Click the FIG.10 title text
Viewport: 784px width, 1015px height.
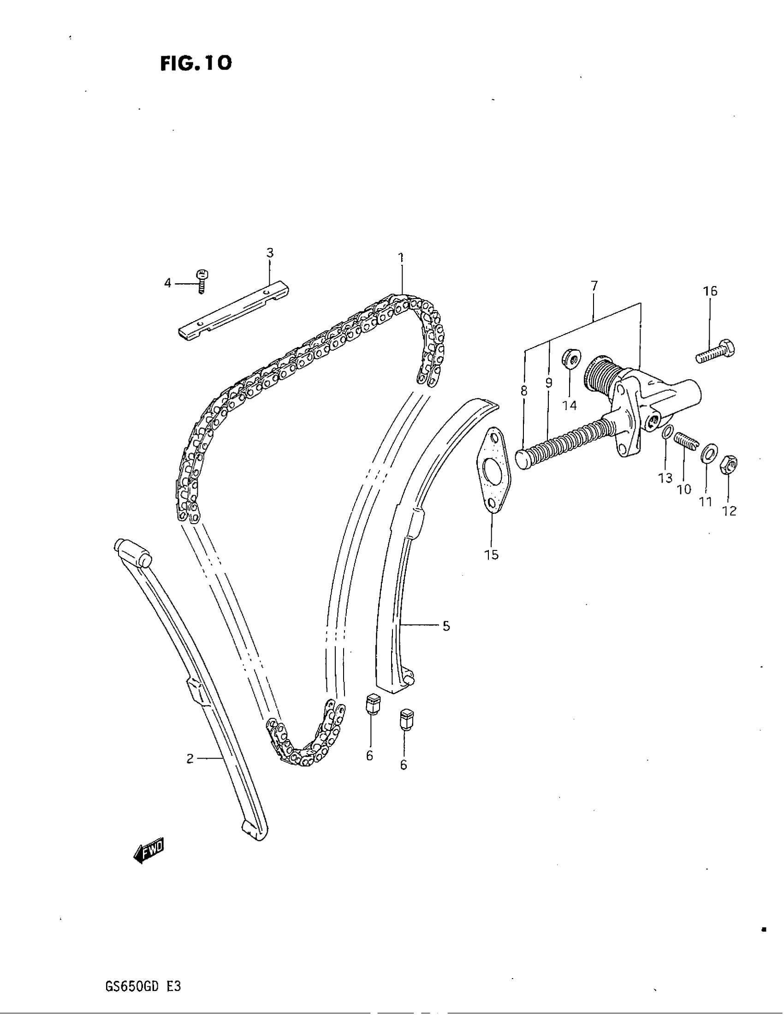tap(196, 63)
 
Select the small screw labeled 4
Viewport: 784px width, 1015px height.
tap(202, 281)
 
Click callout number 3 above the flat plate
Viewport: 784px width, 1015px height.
tap(270, 253)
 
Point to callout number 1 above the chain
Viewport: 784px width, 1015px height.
tap(401, 257)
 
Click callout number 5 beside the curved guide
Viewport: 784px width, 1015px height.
tap(446, 627)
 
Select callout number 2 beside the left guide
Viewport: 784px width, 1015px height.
tap(190, 758)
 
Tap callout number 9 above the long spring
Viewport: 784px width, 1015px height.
tap(548, 383)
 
